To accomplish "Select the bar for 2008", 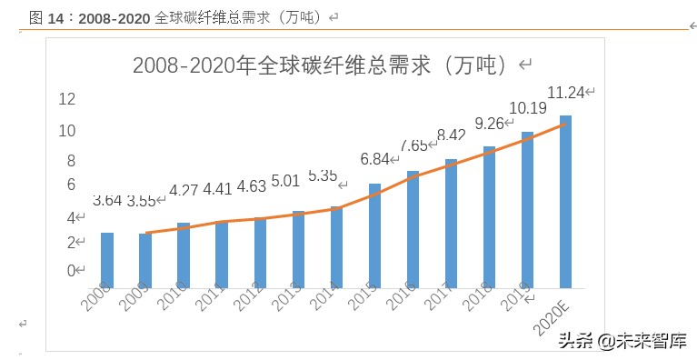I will (107, 260).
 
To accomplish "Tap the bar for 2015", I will (374, 235).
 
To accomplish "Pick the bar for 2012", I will (260, 253).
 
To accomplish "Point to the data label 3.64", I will (107, 201).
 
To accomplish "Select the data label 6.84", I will (374, 159).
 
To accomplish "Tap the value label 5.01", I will (284, 181).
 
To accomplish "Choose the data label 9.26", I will (490, 124).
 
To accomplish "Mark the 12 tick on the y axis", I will (66, 99).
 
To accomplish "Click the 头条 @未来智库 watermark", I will (622, 341).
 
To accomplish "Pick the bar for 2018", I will (489, 217).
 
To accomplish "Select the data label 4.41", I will (216, 189).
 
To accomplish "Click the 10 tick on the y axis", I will (66, 131).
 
